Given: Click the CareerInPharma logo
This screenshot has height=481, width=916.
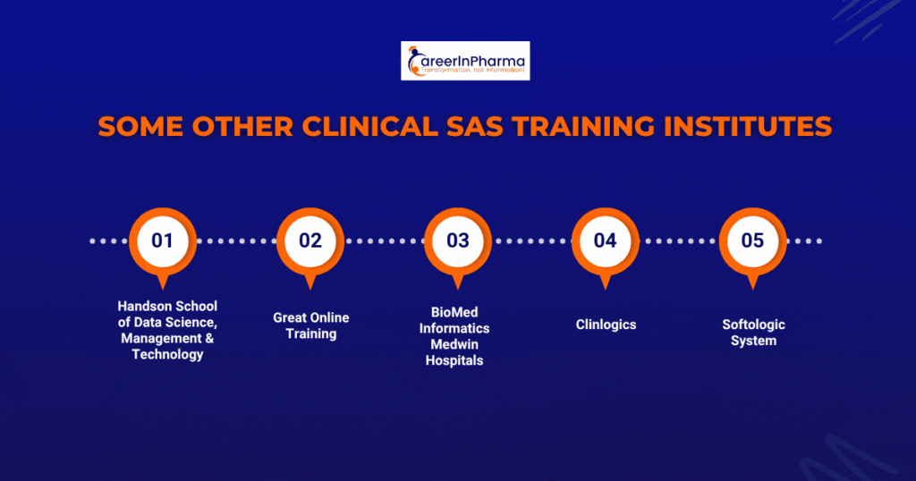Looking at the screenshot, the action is pos(465,61).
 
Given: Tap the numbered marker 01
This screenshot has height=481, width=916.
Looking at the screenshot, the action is pos(163,244).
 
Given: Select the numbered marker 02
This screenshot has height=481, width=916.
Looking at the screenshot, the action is pos(310,244).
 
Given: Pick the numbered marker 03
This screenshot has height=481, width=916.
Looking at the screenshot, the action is pos(458,244).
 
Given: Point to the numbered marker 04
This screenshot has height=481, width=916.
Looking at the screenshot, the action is pos(606,244).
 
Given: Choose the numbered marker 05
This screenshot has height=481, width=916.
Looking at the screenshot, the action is pos(753,244).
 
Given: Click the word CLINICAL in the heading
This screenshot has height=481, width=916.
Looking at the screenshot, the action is pos(370,127).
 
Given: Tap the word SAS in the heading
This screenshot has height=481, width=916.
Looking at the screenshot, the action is pos(475,127).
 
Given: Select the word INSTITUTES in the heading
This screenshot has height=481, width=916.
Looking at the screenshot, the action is pos(749,127).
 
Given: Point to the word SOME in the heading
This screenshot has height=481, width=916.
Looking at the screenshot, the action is pos(140,127).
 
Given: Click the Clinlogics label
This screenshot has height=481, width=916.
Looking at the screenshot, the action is pos(606,325).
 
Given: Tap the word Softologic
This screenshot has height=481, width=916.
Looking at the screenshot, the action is pos(753,325).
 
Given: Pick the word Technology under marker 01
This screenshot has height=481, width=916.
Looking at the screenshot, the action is pos(167,354).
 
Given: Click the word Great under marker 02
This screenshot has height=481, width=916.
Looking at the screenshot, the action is pos(289,317).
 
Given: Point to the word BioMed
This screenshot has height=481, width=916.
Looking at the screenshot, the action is pos(454,312).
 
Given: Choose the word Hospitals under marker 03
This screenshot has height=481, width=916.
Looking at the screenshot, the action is pos(454,361).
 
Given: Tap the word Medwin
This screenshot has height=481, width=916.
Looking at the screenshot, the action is pos(454,344).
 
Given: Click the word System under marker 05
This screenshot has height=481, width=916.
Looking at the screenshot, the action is pos(753,341).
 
